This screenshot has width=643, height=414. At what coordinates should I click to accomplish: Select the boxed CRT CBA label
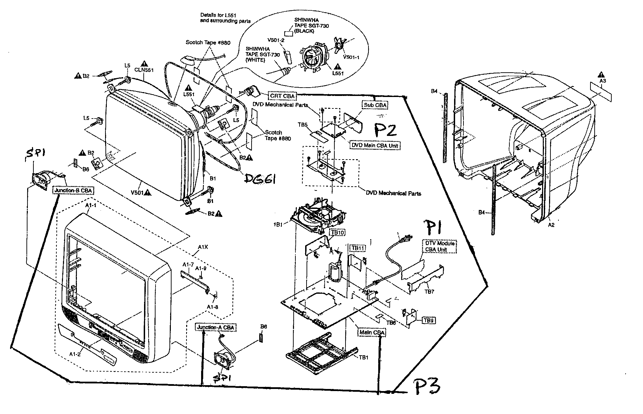282,96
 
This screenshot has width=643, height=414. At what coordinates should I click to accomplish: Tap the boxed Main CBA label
372,333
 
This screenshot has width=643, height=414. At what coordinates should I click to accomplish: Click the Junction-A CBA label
216,327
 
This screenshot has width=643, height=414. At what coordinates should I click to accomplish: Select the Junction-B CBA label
73,190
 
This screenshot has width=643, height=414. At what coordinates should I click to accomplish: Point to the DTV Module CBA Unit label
439,246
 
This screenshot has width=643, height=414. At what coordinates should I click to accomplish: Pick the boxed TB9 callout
429,320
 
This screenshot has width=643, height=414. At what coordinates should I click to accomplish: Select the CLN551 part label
144,70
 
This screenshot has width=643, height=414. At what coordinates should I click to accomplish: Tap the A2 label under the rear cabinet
551,225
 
